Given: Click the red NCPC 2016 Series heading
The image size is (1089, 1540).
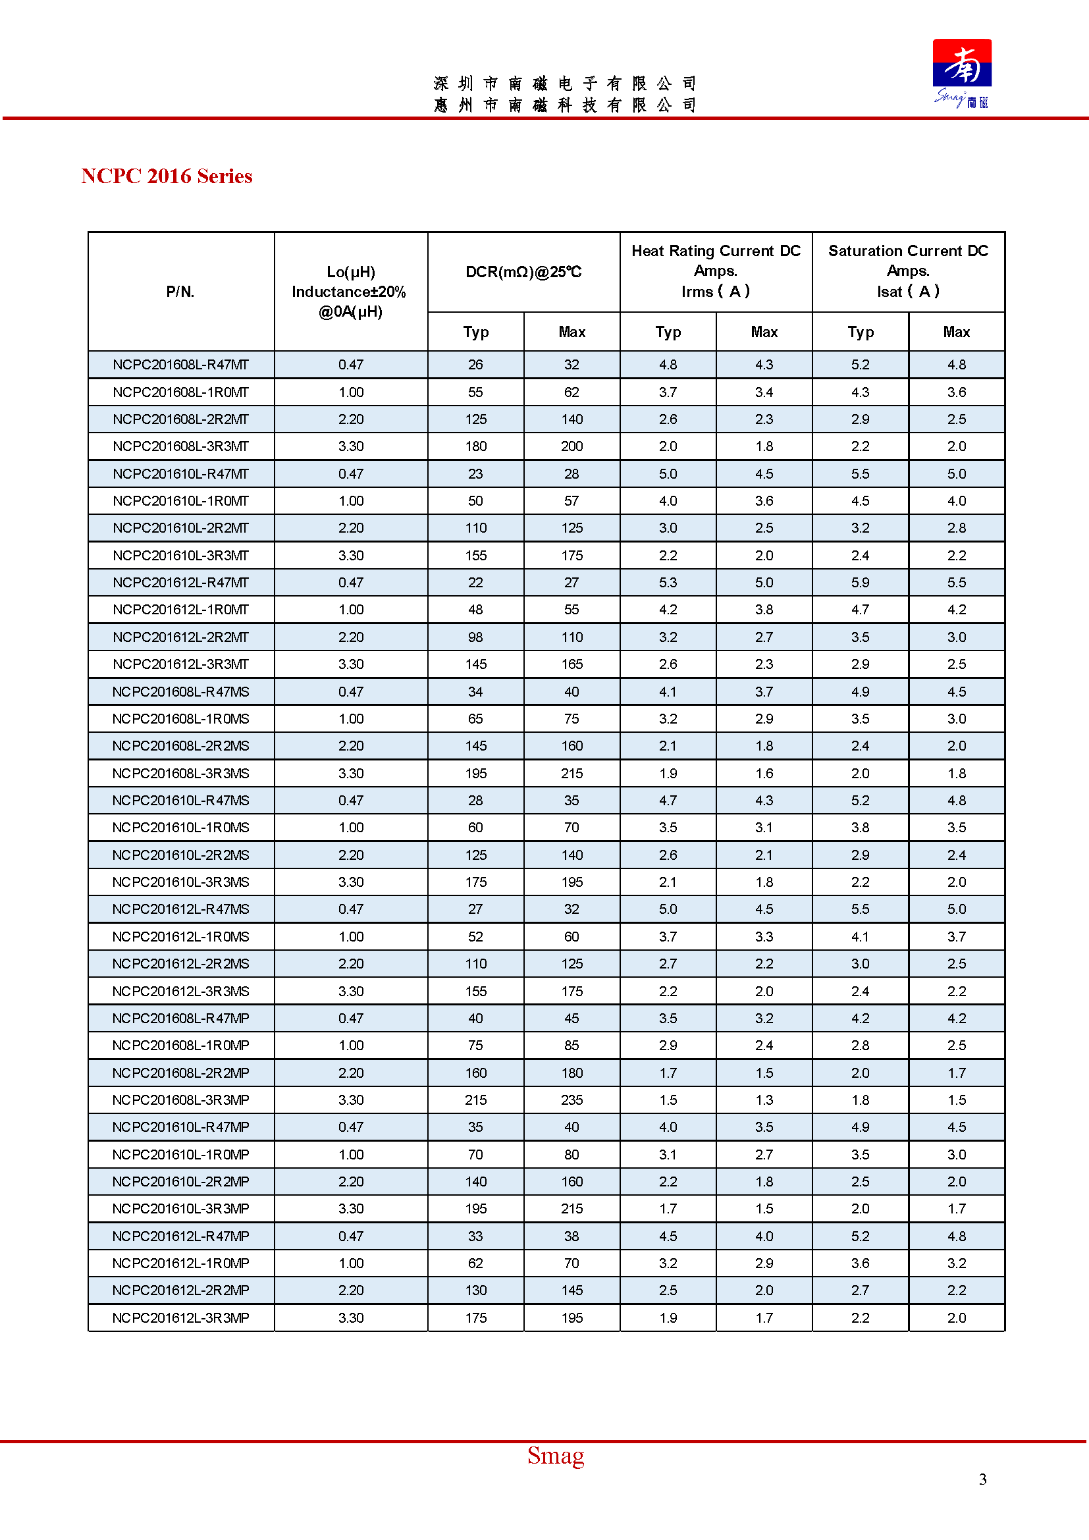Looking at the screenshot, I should pyautogui.click(x=167, y=176).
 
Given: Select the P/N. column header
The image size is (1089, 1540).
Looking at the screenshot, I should pyautogui.click(x=180, y=292).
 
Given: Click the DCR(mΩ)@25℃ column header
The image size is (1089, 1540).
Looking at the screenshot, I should pyautogui.click(x=523, y=272).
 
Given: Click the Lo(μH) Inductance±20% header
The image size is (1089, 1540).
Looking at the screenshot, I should pyautogui.click(x=350, y=292).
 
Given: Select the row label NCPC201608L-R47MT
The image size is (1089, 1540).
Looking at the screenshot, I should pyautogui.click(x=180, y=365).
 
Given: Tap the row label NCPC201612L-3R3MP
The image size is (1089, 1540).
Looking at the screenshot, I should pyautogui.click(x=180, y=1318).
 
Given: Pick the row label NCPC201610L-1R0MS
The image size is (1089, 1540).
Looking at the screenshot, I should pyautogui.click(x=180, y=828).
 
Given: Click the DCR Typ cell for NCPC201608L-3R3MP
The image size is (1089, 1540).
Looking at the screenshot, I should pyautogui.click(x=475, y=1100).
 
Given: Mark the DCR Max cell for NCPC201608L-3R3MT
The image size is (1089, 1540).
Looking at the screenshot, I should pyautogui.click(x=571, y=446).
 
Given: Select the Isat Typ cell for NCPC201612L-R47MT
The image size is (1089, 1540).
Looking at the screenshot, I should pyautogui.click(x=860, y=583).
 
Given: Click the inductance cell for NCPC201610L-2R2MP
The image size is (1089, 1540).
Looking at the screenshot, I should pyautogui.click(x=350, y=1182).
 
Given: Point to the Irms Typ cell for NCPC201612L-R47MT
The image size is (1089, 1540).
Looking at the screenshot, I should pyautogui.click(x=667, y=583).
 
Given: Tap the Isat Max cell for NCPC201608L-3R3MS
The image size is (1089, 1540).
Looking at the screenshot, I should pyautogui.click(x=956, y=774).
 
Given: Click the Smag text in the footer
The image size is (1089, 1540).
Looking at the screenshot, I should pyautogui.click(x=555, y=1456).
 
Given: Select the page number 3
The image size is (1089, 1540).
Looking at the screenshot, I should pyautogui.click(x=982, y=1479).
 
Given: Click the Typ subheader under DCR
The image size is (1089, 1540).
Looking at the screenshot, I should pyautogui.click(x=475, y=332).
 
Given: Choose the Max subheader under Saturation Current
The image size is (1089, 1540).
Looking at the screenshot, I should pyautogui.click(x=956, y=332).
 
